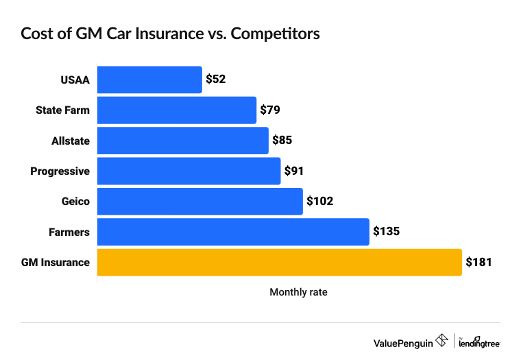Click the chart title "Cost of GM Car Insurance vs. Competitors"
pyautogui.click(x=170, y=34)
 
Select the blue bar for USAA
pyautogui.click(x=149, y=80)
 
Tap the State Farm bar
pyautogui.click(x=177, y=110)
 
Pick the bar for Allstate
pyautogui.click(x=183, y=141)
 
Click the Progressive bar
pyautogui.click(x=189, y=171)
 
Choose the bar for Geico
pyautogui.click(x=200, y=202)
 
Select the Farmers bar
pyautogui.click(x=233, y=232)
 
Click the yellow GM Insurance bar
pyautogui.click(x=280, y=262)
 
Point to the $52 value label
pyautogui.click(x=215, y=80)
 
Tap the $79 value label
pyautogui.click(x=270, y=110)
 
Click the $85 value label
pyautogui.click(x=282, y=141)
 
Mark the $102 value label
pyautogui.click(x=319, y=202)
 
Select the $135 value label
pyautogui.click(x=386, y=232)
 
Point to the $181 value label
pyautogui.click(x=478, y=262)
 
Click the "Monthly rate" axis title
pyautogui.click(x=298, y=292)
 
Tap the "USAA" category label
pyautogui.click(x=75, y=80)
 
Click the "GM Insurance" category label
pyautogui.click(x=60, y=262)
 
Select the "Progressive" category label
pyautogui.click(x=60, y=171)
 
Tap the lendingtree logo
pyautogui.click(x=479, y=343)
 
